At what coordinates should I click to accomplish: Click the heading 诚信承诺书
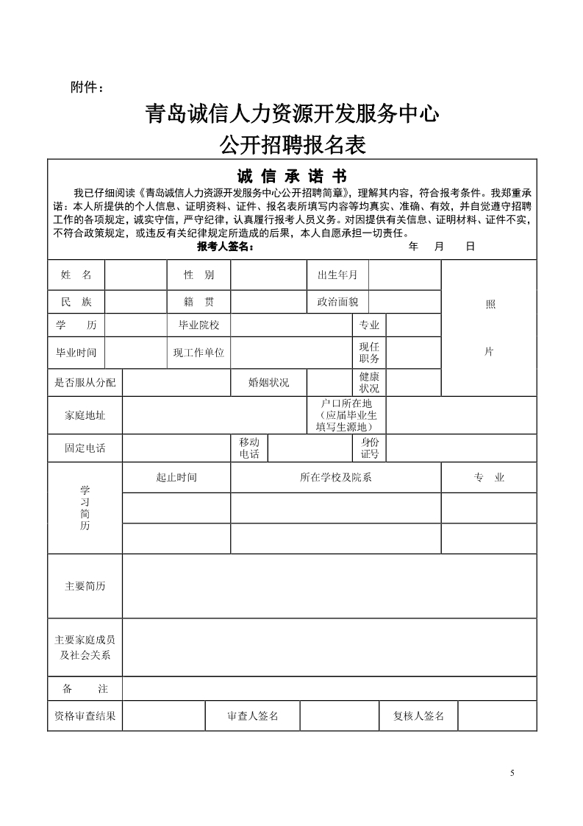(x=292, y=177)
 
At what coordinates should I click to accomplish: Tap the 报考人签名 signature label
(x=225, y=247)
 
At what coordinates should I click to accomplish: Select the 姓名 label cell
(x=76, y=275)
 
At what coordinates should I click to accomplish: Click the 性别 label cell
(x=198, y=275)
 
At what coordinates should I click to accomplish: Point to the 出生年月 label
(x=337, y=275)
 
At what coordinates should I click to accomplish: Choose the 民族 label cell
(x=76, y=302)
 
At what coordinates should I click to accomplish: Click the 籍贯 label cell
(x=198, y=302)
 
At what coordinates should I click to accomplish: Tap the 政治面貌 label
(x=337, y=302)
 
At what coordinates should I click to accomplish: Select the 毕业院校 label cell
(x=198, y=325)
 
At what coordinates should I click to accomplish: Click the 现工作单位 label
(x=198, y=353)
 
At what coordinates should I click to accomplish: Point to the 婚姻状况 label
(x=268, y=382)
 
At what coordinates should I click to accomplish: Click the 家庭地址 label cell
(x=85, y=415)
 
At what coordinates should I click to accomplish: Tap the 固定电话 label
(x=85, y=448)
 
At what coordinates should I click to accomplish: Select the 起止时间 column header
(x=176, y=477)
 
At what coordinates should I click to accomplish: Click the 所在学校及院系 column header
(x=335, y=477)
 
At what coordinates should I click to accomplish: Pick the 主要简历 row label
(x=85, y=586)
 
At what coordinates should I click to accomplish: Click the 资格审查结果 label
(x=85, y=716)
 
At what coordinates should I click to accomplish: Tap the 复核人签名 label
(x=414, y=716)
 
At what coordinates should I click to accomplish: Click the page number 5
(x=512, y=773)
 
